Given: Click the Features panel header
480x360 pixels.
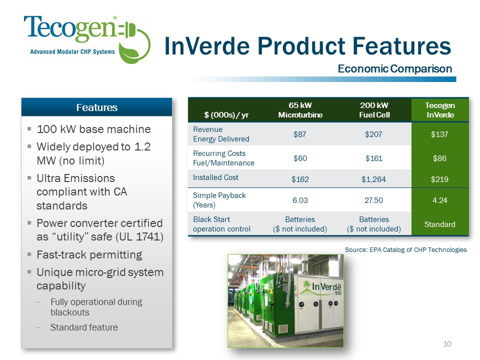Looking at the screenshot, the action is (96, 107).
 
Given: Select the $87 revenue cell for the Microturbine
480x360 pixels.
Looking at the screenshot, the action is (299, 134).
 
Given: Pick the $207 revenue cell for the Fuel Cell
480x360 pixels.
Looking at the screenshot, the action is (373, 134).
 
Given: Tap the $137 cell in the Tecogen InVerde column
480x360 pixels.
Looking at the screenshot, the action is (439, 134).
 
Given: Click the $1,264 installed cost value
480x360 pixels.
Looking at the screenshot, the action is (373, 179).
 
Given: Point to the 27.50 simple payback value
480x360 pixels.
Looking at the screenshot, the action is (373, 200).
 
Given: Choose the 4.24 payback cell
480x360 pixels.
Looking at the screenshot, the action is (440, 200).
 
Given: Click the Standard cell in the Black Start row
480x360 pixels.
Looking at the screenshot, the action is (439, 224).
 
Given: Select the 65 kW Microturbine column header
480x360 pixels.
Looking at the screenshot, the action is (300, 110).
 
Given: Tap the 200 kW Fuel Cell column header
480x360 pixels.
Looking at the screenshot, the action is (374, 110).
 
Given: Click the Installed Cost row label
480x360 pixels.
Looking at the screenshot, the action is (215, 177).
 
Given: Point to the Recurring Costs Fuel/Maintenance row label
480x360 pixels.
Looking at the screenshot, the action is (223, 158).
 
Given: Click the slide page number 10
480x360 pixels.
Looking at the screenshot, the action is (447, 344).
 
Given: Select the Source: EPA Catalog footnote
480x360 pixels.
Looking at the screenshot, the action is (405, 250).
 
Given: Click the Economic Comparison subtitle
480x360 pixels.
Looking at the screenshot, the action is (395, 68).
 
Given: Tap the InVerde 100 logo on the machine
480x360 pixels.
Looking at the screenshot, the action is (321, 288).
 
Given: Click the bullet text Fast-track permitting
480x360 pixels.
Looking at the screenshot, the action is (89, 254).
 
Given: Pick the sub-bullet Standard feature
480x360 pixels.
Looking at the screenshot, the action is (84, 327).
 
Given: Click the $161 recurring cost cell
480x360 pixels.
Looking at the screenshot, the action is (374, 158).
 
